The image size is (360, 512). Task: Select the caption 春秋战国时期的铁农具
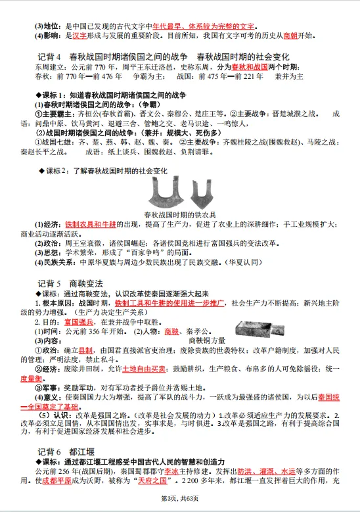tap(179, 214)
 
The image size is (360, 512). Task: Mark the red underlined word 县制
tap(85, 351)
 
